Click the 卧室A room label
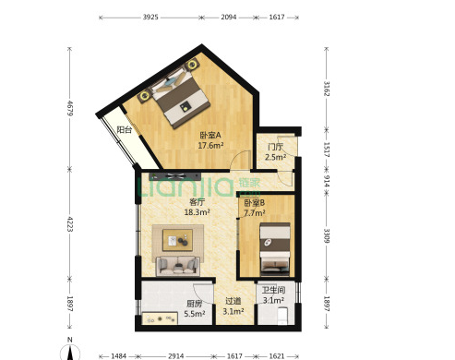tap(210, 135)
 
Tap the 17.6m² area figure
tap(210, 145)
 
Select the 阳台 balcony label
tap(125, 129)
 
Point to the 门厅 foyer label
tap(275, 147)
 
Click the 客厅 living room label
tap(197, 202)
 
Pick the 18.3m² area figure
tap(197, 212)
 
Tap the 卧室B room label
tap(254, 203)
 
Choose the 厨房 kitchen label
tap(195, 304)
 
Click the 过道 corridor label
tap(233, 301)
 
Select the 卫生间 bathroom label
tap(273, 290)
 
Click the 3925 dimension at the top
tap(150, 18)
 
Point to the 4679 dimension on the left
tap(70, 108)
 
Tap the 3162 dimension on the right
tap(327, 89)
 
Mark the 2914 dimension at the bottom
tap(176, 356)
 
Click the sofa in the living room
tap(178, 266)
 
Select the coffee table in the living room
tap(178, 240)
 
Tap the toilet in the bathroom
tap(281, 316)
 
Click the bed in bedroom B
tap(275, 249)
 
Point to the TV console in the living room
tap(174, 176)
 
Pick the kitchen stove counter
tap(160, 318)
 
